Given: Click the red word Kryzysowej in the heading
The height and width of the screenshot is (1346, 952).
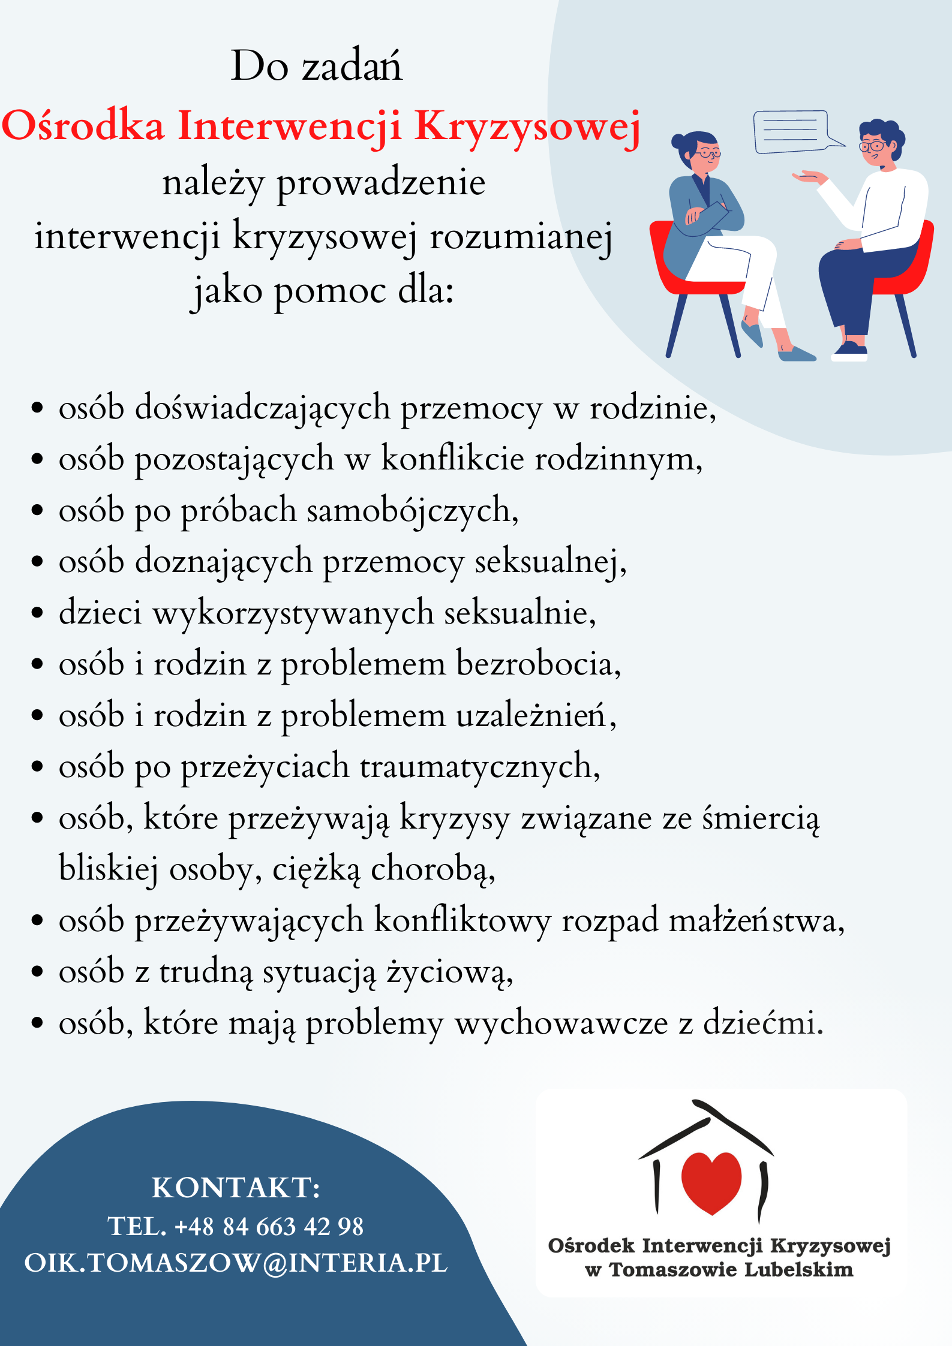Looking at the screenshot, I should click(527, 127).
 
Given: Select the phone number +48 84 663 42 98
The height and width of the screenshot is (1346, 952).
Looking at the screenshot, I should click(269, 1227).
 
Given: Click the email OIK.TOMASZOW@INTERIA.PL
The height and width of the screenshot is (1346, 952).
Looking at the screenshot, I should click(236, 1263).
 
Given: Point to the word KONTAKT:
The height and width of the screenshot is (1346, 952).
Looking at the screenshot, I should click(236, 1188).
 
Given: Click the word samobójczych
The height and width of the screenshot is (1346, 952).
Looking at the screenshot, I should click(413, 511).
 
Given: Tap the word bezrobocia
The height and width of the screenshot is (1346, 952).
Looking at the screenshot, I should click(538, 664).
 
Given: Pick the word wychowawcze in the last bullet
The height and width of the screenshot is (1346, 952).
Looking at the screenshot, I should click(561, 1023).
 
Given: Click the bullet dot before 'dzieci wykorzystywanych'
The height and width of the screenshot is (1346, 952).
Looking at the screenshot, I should click(37, 613).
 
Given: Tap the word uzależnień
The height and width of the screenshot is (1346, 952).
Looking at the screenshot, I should click(535, 716).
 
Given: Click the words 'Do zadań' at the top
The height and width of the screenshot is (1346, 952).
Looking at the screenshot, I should click(317, 66).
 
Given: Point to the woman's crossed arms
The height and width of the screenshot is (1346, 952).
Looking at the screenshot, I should click(708, 215).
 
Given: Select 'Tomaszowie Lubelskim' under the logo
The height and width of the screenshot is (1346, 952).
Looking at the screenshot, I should click(731, 1270).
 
